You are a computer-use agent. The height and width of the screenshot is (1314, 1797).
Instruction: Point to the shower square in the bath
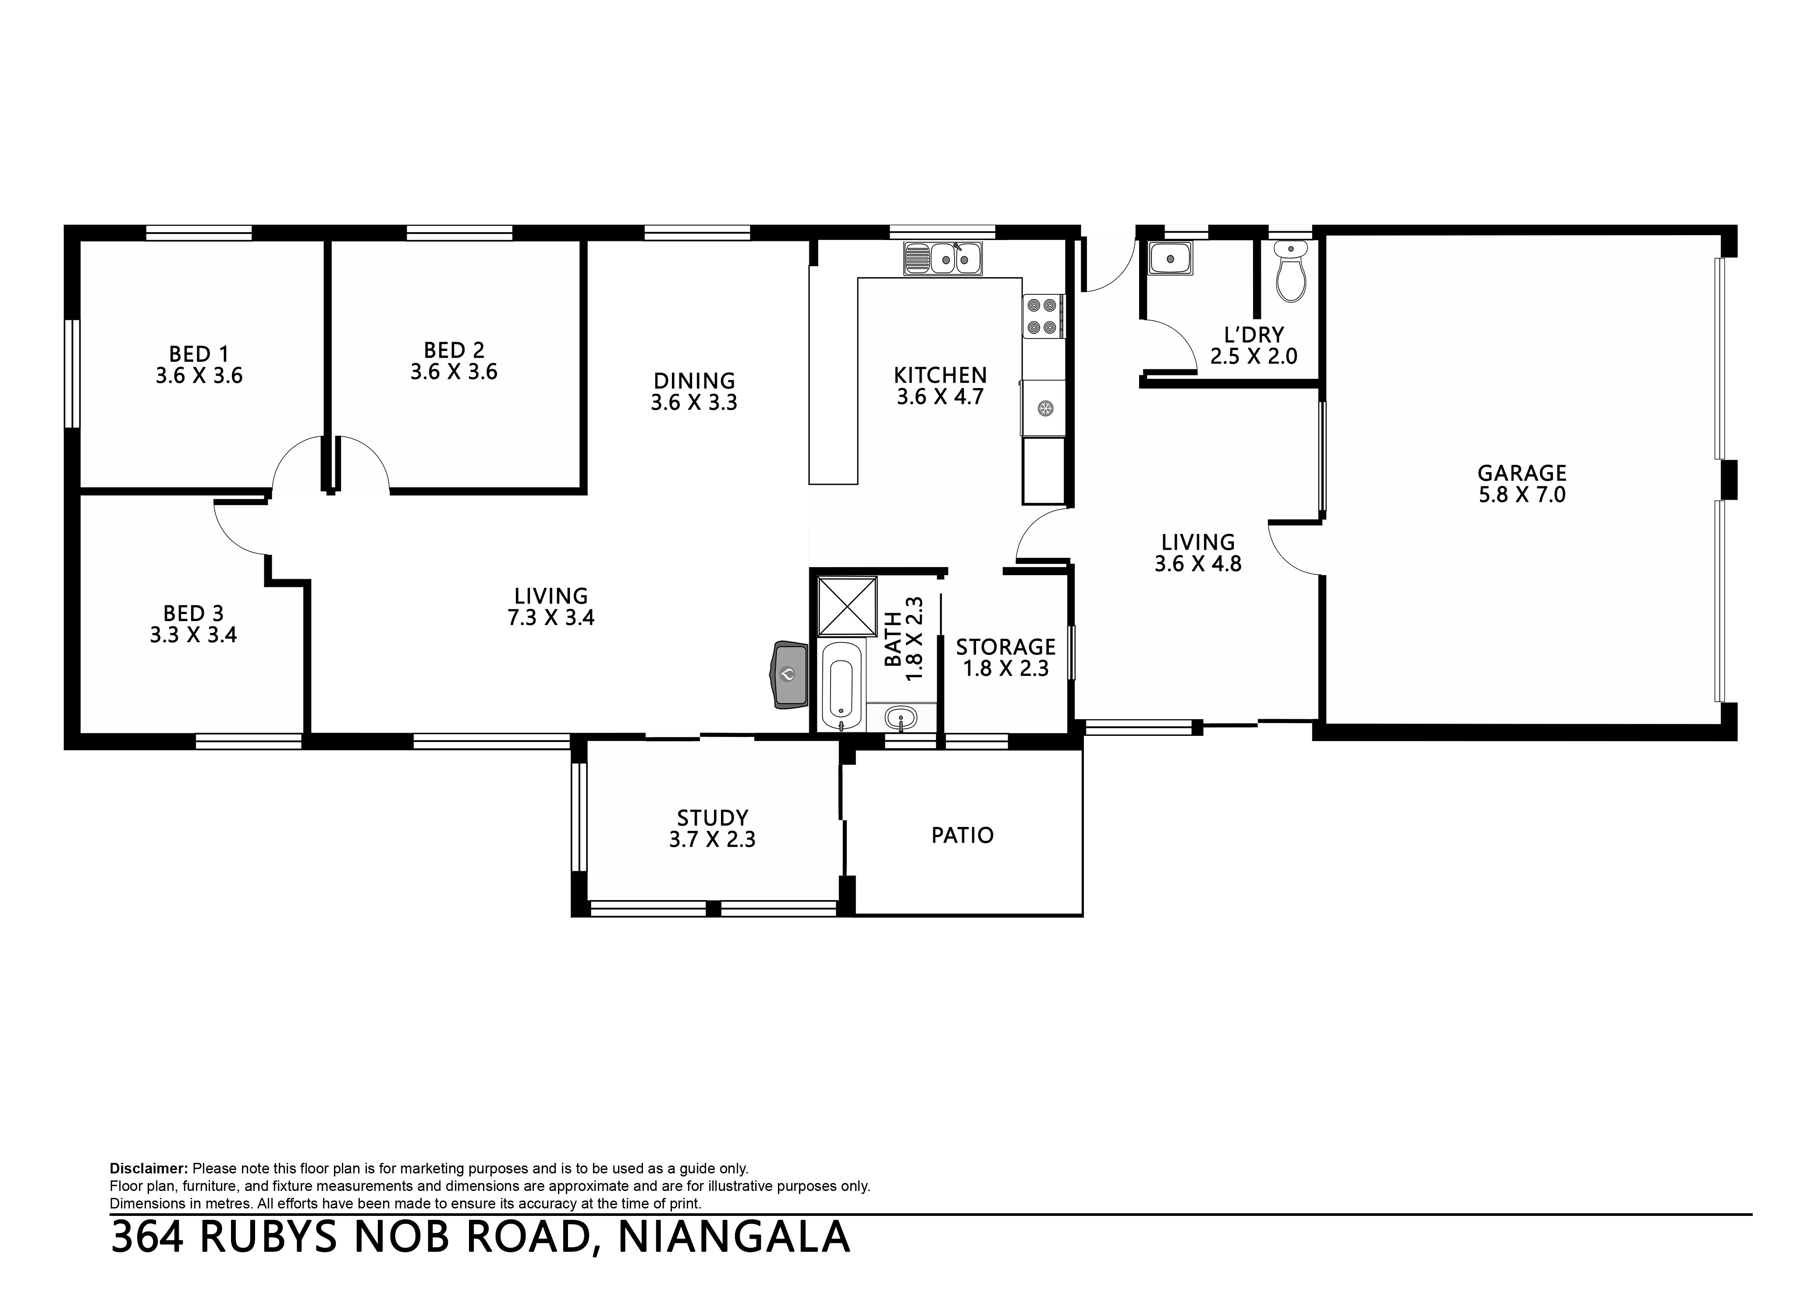848,605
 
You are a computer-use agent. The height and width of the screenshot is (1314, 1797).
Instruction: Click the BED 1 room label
199,354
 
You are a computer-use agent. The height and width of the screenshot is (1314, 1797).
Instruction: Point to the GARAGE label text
1522,473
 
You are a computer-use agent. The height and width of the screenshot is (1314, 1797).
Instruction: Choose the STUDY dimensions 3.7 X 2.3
712,839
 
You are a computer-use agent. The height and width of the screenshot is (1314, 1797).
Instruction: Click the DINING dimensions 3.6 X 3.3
694,403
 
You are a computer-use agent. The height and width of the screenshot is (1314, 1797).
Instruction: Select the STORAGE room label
1006,646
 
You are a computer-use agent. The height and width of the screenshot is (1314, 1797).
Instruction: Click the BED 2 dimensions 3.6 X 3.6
454,371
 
